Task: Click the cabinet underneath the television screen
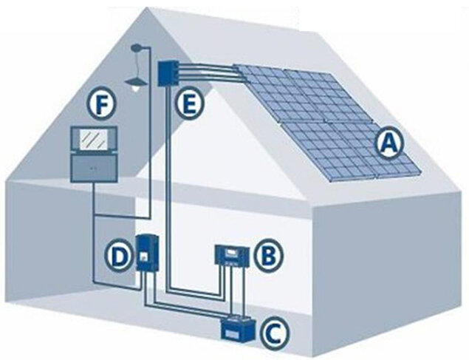tap(93, 168)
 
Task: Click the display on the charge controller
tap(231, 251)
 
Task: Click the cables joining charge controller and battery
tap(235, 292)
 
